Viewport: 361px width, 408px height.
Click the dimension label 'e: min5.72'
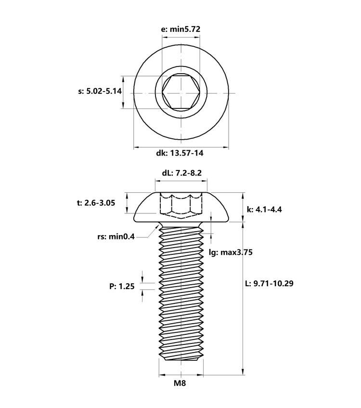point(181,29)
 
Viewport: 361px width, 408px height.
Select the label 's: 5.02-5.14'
point(100,91)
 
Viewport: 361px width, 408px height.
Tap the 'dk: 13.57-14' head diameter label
point(180,153)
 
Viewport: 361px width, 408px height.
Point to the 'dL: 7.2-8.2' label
point(181,173)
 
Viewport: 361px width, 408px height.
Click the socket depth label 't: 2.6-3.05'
point(96,203)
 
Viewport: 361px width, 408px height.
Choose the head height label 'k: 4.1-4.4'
point(264,209)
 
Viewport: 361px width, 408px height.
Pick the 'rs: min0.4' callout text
point(116,237)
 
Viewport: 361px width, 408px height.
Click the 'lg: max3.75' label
point(231,252)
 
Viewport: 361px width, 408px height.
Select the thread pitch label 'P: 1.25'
point(122,286)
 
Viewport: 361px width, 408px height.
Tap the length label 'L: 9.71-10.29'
point(269,283)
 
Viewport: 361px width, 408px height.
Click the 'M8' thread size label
point(180,383)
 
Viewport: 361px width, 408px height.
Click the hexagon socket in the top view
point(181,92)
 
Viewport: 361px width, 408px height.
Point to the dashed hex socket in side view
point(181,205)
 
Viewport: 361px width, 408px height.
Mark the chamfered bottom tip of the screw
point(181,358)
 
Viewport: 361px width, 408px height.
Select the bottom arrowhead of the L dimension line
point(243,371)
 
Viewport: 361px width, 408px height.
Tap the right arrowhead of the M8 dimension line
point(200,375)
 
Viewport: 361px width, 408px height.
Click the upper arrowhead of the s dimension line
point(124,79)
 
